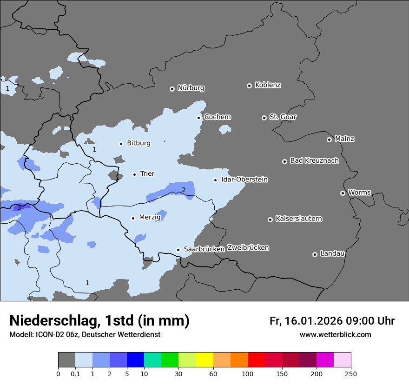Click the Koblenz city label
tap(268, 85)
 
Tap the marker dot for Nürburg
tap(172, 89)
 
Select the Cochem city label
tap(218, 117)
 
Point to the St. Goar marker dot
tap(264, 118)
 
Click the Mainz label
tap(344, 139)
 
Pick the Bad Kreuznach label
tap(314, 160)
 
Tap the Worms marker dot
tap(343, 193)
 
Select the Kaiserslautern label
tap(298, 219)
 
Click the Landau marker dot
tap(315, 254)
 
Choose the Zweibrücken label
tap(248, 248)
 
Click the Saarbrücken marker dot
tap(178, 250)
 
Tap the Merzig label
tap(150, 217)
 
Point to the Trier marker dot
tap(134, 174)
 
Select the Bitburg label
tap(139, 143)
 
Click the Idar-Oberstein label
tap(244, 180)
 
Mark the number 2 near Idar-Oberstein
tap(184, 190)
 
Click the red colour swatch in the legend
tap(256, 360)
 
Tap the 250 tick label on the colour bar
tap(351, 373)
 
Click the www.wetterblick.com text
tap(335, 335)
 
